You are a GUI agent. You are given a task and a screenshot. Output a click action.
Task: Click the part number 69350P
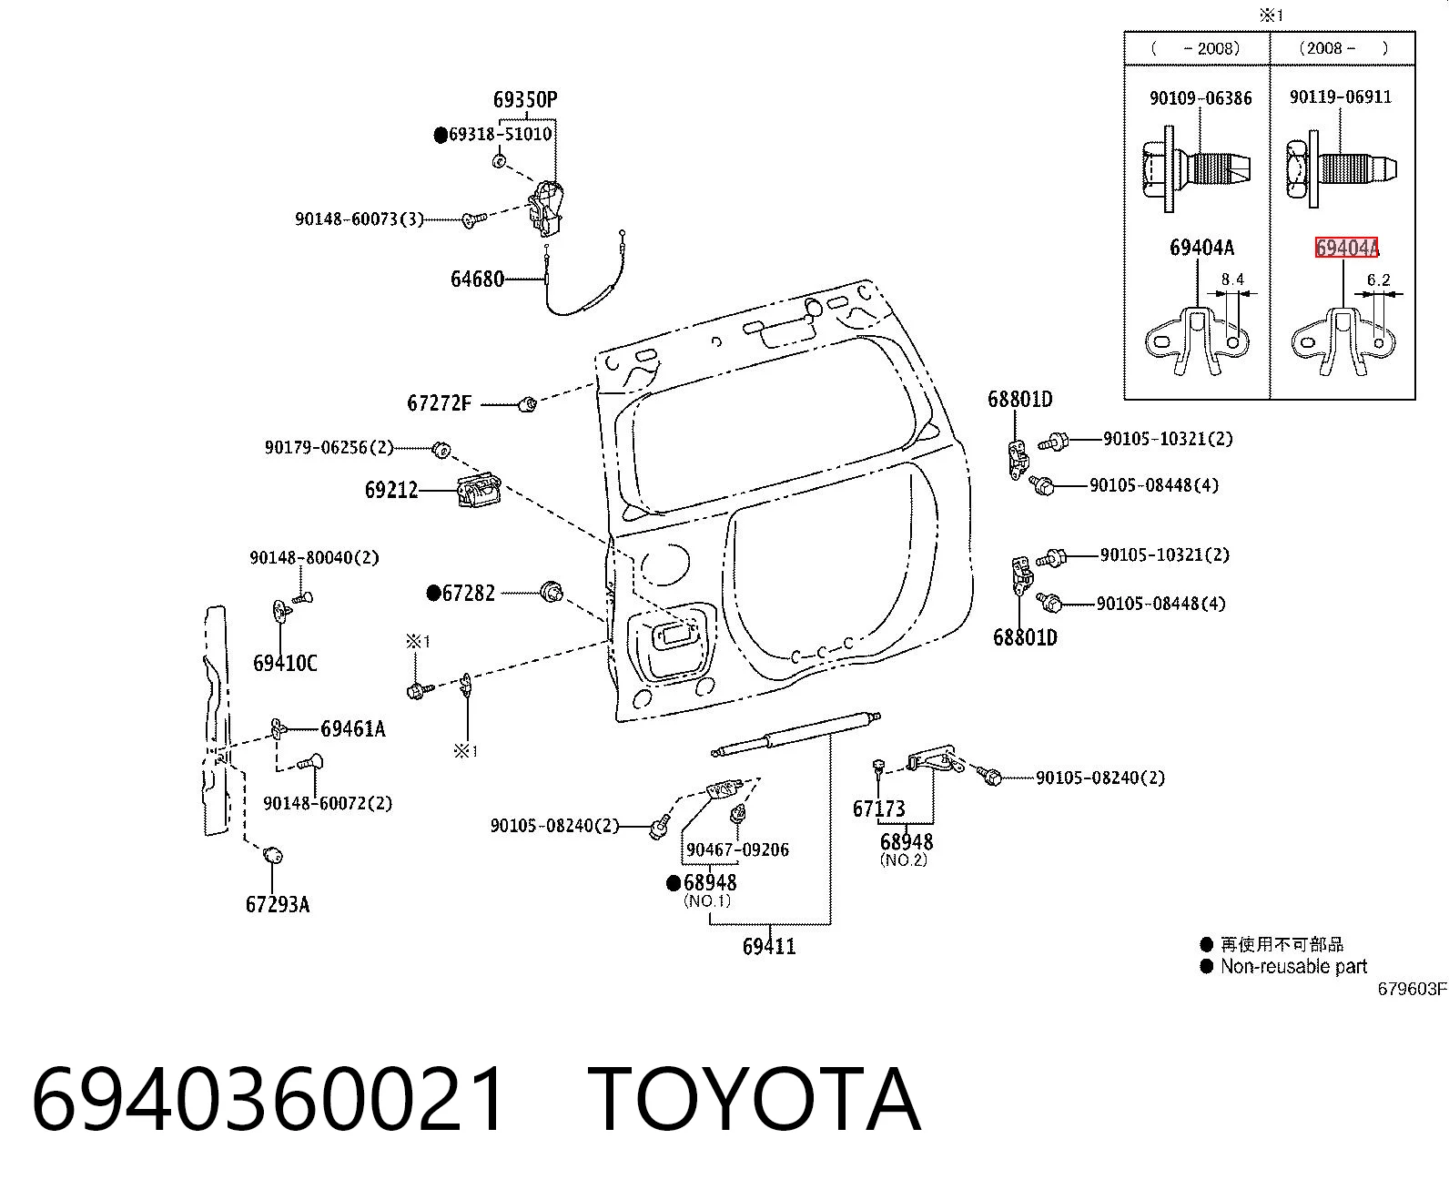[524, 100]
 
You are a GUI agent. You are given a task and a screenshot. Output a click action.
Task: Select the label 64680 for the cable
[477, 280]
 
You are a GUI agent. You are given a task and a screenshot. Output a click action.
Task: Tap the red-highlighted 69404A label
[1346, 248]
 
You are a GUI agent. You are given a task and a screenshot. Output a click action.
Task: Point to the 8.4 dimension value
[1232, 280]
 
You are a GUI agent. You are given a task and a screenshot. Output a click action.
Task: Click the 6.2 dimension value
[1378, 280]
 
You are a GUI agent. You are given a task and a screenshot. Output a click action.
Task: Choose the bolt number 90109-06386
[1201, 98]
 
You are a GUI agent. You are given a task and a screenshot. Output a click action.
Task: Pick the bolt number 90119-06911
[1340, 97]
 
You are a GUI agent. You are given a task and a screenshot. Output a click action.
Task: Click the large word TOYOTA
[754, 1099]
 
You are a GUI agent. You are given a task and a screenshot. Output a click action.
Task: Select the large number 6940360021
[268, 1099]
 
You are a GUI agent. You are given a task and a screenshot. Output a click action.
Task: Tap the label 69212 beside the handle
[391, 490]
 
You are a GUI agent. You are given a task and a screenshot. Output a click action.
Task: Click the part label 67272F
[439, 403]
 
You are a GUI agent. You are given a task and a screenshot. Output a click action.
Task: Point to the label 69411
[768, 946]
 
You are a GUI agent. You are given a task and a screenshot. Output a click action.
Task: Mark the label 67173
[878, 808]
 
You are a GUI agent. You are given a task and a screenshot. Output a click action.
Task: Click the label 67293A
[278, 904]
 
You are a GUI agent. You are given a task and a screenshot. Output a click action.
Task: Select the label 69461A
[352, 728]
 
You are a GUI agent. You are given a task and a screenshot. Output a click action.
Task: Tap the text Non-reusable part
[1293, 966]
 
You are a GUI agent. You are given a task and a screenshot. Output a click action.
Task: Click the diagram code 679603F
[1413, 989]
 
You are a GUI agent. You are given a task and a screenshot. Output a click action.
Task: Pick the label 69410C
[285, 663]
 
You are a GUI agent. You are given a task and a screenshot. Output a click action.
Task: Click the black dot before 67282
[434, 593]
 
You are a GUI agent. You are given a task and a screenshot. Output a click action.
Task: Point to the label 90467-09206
[737, 850]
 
